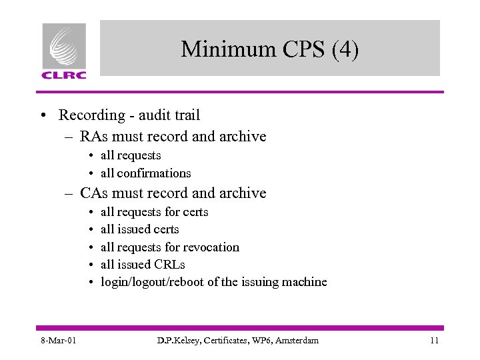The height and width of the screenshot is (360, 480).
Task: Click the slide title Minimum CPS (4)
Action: tap(269, 49)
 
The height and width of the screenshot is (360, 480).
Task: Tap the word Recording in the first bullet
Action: tap(92, 115)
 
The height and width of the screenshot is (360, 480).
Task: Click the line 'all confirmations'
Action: tap(145, 173)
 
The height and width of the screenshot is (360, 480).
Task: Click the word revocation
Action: tap(211, 247)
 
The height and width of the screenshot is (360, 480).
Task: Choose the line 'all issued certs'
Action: tap(139, 229)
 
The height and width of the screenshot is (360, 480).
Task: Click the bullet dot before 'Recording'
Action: tap(43, 116)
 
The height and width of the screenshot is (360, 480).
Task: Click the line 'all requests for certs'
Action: tap(154, 212)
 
